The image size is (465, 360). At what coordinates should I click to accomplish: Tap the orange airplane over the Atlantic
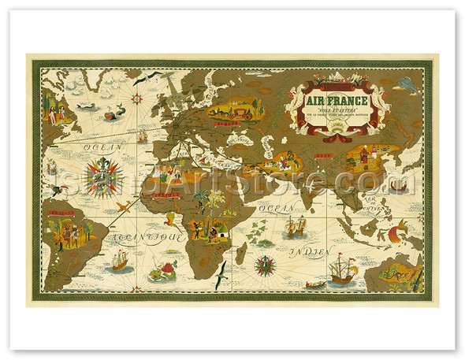[126, 206]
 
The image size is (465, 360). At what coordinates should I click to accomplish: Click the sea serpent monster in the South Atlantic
[167, 270]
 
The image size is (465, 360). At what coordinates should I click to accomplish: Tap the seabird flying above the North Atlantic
[153, 77]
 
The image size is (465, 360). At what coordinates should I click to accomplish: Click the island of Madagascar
[241, 253]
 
